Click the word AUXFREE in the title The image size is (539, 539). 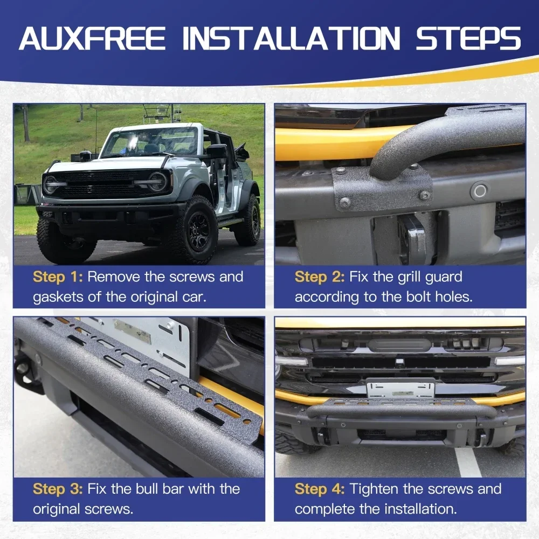(x=92, y=38)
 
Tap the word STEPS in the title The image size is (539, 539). (x=469, y=38)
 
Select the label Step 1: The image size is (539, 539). (x=58, y=277)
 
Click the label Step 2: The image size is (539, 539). (x=320, y=277)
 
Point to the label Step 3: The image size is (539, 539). (x=58, y=489)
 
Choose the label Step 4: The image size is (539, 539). (x=320, y=489)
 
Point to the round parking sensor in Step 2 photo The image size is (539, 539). (x=480, y=191)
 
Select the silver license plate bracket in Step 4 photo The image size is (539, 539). (x=401, y=388)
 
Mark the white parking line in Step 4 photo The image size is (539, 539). (x=467, y=462)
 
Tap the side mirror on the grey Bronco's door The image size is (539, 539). (x=216, y=151)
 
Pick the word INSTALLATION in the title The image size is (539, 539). (x=291, y=38)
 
